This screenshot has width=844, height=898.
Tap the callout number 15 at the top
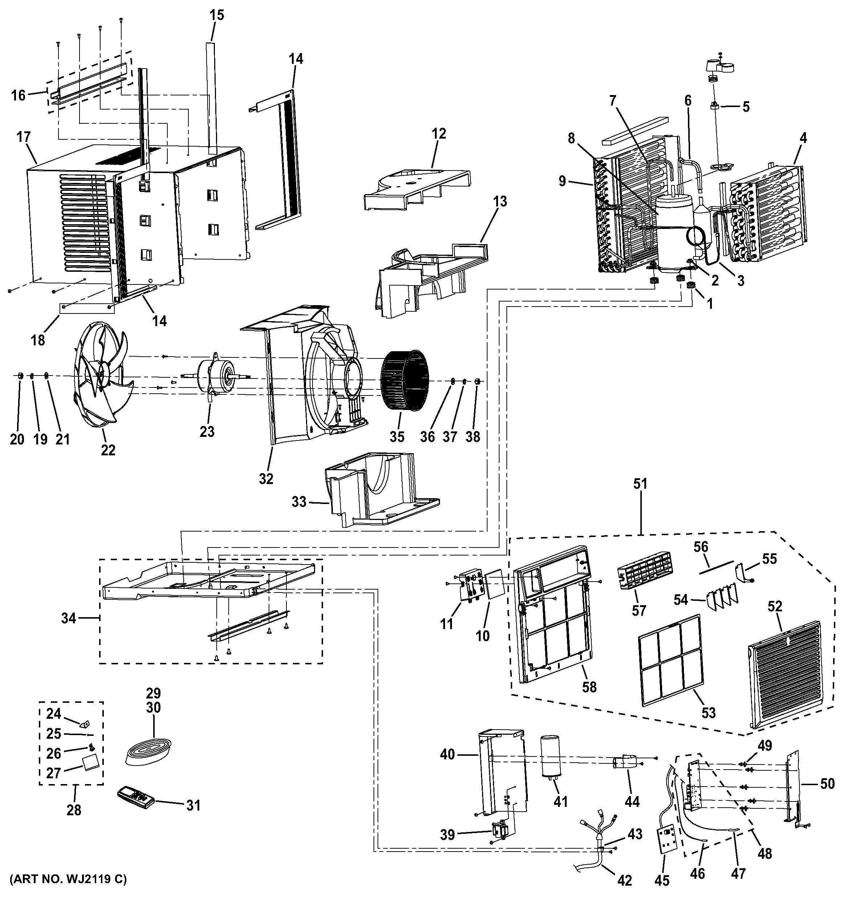coord(217,15)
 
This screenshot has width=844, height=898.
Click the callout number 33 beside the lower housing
coord(299,501)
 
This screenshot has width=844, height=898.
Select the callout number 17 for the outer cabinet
coord(24,136)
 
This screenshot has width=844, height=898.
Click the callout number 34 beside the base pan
coord(69,618)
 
